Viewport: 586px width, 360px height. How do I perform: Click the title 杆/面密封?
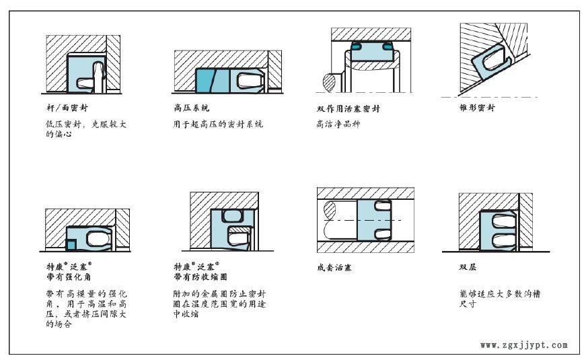pyautogui.click(x=61, y=107)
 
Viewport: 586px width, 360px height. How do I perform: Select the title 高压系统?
pyautogui.click(x=187, y=108)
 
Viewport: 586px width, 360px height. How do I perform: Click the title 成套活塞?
pyautogui.click(x=335, y=267)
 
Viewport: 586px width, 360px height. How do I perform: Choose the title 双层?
pyautogui.click(x=468, y=267)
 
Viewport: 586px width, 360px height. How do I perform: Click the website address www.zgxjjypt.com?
pyautogui.click(x=524, y=345)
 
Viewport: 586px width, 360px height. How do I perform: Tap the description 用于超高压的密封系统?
pyautogui.click(x=213, y=124)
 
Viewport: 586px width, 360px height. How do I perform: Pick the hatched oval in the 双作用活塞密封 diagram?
pyautogui.click(x=329, y=84)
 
